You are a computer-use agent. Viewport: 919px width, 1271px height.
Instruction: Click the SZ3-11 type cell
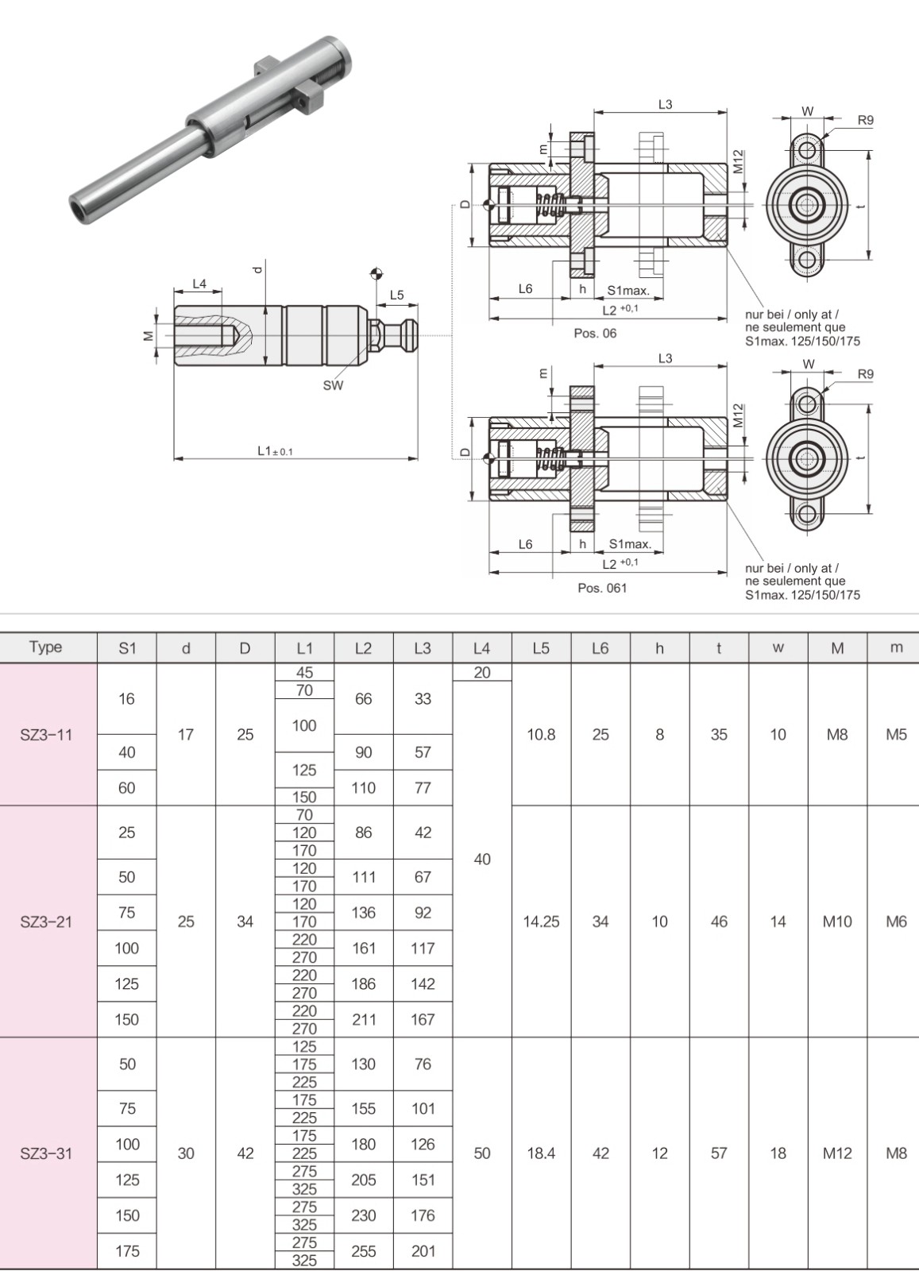(x=46, y=735)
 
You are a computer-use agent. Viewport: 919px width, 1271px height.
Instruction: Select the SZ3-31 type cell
(x=46, y=1153)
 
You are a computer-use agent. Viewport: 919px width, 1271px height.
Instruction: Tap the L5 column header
(x=541, y=648)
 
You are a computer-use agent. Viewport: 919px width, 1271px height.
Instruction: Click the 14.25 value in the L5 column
(x=541, y=921)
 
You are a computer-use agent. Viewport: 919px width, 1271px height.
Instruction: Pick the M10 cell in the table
(x=837, y=921)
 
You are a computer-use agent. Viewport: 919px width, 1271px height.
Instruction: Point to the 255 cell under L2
(x=363, y=1251)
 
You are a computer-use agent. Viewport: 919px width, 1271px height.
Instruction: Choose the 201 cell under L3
(x=423, y=1251)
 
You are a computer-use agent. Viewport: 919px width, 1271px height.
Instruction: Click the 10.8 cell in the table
(x=541, y=735)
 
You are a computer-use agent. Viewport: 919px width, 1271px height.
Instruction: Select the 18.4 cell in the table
(x=541, y=1153)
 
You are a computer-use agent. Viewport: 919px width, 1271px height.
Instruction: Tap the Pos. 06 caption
(x=595, y=334)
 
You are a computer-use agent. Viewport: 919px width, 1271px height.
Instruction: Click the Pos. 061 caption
(x=602, y=588)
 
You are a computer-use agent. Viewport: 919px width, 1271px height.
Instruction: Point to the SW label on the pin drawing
(x=333, y=385)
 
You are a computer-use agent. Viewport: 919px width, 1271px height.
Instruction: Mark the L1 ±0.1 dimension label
(x=275, y=450)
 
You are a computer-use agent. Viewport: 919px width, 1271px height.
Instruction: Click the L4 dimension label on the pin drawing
(x=199, y=284)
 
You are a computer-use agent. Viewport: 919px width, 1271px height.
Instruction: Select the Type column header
(x=46, y=647)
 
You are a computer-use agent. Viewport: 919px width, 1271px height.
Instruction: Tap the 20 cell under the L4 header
(x=482, y=673)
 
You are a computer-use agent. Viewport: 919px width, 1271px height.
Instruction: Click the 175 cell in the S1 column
(x=127, y=1251)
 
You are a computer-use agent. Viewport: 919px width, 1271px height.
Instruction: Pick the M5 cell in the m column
(x=896, y=735)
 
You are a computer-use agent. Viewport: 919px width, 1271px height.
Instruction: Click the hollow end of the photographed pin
(x=78, y=210)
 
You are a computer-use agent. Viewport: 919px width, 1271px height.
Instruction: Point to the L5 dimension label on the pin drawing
(x=396, y=296)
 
